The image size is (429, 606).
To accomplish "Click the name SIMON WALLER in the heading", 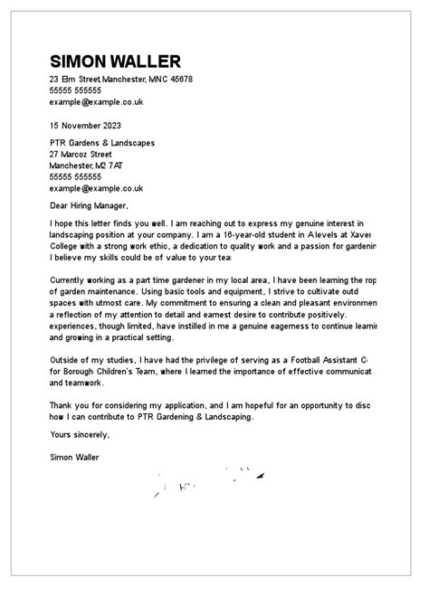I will coord(115,62).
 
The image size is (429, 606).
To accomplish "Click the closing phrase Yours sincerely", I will coord(81,435).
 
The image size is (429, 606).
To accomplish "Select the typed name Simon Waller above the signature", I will coord(76,457).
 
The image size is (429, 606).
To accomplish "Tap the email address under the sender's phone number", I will coord(97,102).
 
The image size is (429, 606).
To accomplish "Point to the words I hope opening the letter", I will coord(63,223).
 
